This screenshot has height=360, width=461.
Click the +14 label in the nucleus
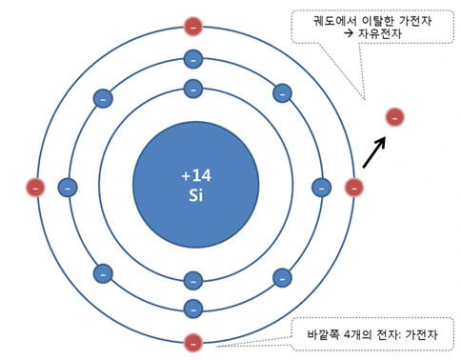[193, 175]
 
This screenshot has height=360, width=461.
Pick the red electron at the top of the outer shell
[193, 26]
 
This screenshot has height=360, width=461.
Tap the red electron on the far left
[35, 187]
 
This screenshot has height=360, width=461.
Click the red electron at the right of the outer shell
[353, 187]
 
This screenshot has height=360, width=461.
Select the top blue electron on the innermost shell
[193, 90]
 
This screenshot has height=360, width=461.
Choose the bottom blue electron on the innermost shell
[193, 280]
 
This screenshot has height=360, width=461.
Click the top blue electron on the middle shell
[193, 61]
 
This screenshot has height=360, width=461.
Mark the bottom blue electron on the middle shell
[193, 308]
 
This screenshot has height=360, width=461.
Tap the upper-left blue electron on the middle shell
[103, 97]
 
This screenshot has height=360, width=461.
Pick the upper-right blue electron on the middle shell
[282, 93]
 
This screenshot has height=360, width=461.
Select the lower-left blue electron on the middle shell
[103, 274]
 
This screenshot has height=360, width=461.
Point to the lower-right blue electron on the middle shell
[282, 277]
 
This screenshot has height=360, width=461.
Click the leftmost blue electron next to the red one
[67, 187]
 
